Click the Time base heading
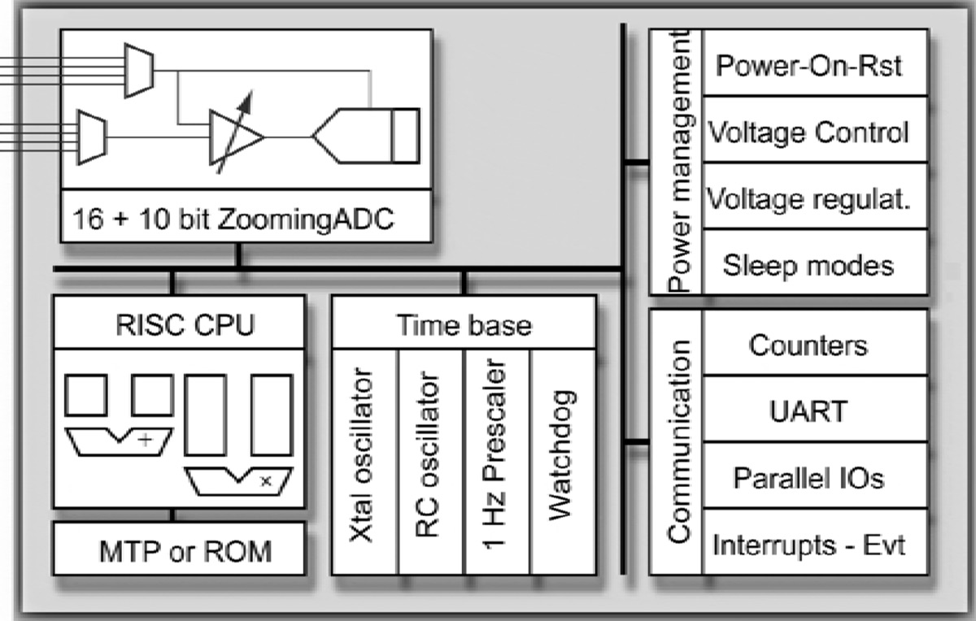click(464, 325)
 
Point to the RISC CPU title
click(179, 325)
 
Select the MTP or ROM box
click(179, 550)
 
